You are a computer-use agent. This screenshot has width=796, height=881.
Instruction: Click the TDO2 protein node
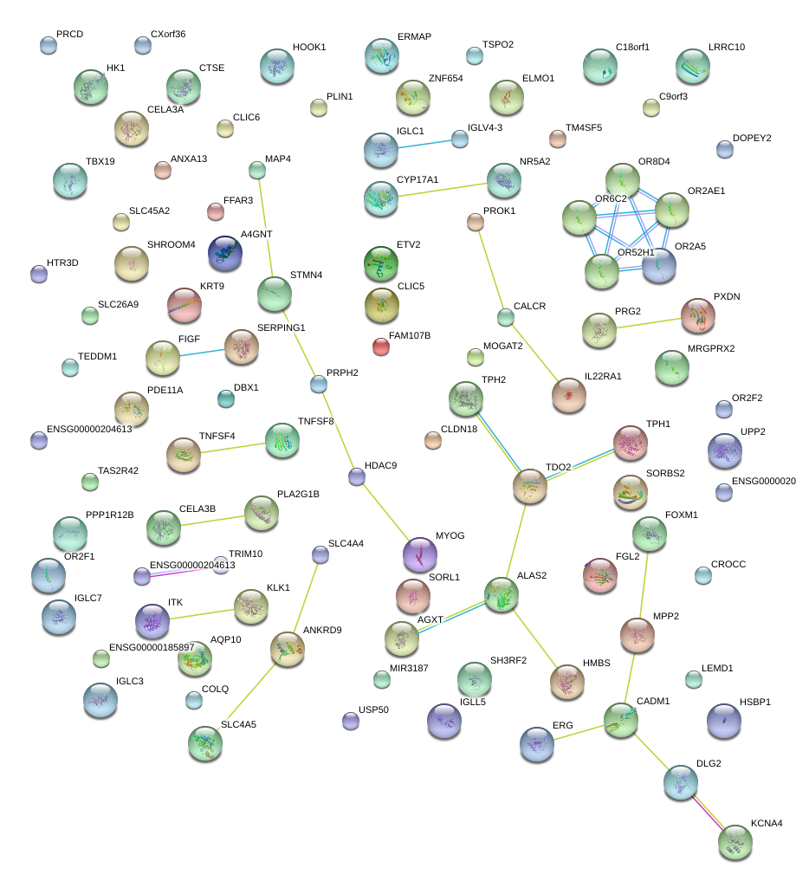(529, 487)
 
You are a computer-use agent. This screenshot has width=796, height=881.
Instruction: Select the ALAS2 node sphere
(502, 595)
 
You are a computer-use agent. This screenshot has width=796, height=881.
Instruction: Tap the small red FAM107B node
(380, 347)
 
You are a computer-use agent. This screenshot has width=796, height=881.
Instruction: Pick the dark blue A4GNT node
(225, 253)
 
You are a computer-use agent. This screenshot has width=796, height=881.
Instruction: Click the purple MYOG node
(421, 554)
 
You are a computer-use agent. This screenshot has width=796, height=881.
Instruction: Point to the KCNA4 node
(735, 842)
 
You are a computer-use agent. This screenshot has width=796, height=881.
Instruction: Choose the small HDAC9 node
(356, 476)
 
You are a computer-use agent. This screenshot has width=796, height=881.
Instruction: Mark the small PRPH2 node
(320, 384)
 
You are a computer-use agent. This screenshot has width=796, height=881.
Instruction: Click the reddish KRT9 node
(184, 305)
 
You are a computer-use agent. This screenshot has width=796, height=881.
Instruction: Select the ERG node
(537, 742)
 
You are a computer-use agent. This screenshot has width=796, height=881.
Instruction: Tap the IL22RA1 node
(569, 395)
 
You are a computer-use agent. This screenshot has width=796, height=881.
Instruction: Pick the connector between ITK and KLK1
(203, 613)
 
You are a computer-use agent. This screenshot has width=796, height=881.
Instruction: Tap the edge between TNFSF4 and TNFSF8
(232, 448)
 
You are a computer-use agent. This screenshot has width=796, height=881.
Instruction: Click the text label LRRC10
(726, 47)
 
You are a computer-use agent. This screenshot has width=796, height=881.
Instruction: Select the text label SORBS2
(665, 473)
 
